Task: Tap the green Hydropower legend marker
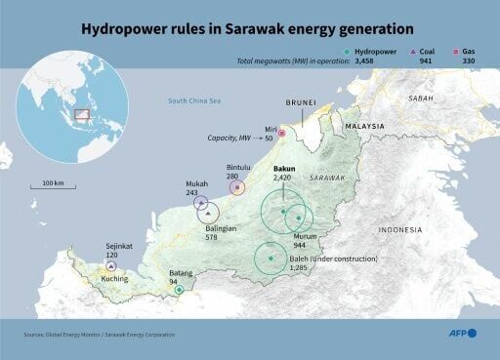(349, 52)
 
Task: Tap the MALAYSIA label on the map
(365, 126)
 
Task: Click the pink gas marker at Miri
(281, 133)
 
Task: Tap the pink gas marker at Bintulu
(237, 187)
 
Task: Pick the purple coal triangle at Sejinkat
(111, 265)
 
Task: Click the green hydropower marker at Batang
(178, 290)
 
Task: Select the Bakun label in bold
(283, 168)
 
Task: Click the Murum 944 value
(306, 245)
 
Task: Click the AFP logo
(458, 334)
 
